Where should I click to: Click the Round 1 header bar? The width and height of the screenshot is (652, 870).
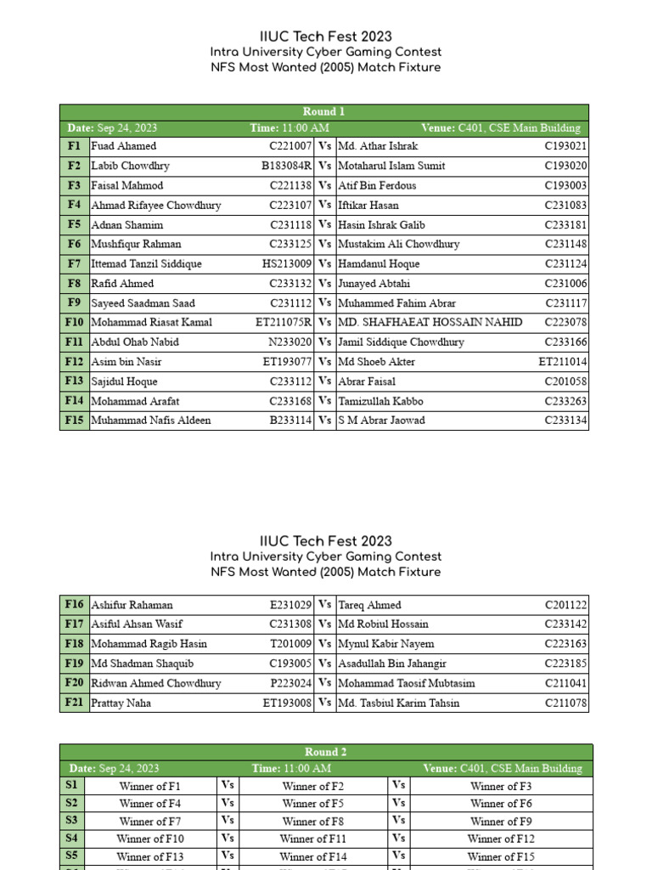[x=323, y=112]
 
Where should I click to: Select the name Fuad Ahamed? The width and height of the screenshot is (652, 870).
[x=124, y=146]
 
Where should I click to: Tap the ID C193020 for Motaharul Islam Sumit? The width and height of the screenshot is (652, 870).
[x=565, y=166]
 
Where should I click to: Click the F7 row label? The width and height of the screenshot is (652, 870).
[x=75, y=263]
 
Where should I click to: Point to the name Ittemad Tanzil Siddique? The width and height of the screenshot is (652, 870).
[x=147, y=263]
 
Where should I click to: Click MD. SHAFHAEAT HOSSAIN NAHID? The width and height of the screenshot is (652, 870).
[x=430, y=322]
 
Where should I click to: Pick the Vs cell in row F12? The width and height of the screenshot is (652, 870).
[x=325, y=361]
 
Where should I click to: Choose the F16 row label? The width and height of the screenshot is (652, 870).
[x=75, y=605]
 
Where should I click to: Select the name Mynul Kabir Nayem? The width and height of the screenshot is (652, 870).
[x=386, y=644]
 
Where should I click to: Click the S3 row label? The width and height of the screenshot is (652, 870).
[x=71, y=821]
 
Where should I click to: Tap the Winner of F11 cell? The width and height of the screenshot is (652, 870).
[x=313, y=839]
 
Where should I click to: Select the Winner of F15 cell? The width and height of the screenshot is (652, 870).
[x=501, y=856]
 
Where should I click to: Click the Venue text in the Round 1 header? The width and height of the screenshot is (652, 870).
[x=501, y=128]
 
